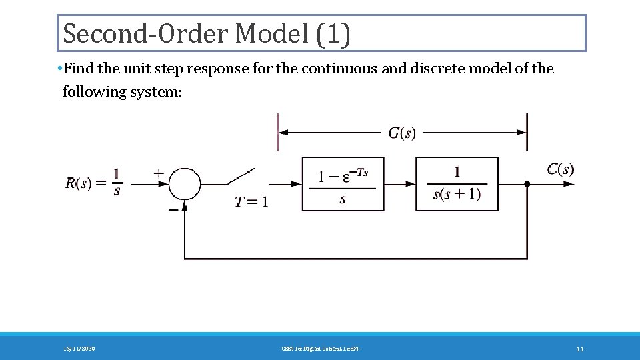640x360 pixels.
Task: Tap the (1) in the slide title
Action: [x=333, y=33]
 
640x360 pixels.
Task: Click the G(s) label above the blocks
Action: [x=401, y=133]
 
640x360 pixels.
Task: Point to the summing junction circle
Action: [x=185, y=183]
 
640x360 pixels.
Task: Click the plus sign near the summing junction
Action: [x=159, y=173]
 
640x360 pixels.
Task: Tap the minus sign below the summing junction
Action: [x=173, y=208]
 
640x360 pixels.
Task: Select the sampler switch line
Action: [x=241, y=175]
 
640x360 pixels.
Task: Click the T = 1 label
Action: [x=252, y=202]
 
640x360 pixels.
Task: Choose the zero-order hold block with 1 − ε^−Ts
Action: [x=343, y=184]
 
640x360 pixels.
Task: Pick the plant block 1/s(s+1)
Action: [x=457, y=184]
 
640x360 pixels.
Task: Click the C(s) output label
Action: [x=560, y=169]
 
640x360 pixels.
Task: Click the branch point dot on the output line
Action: [x=527, y=183]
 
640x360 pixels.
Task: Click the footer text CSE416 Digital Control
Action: [x=320, y=349]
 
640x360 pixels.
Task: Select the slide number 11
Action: [x=580, y=349]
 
